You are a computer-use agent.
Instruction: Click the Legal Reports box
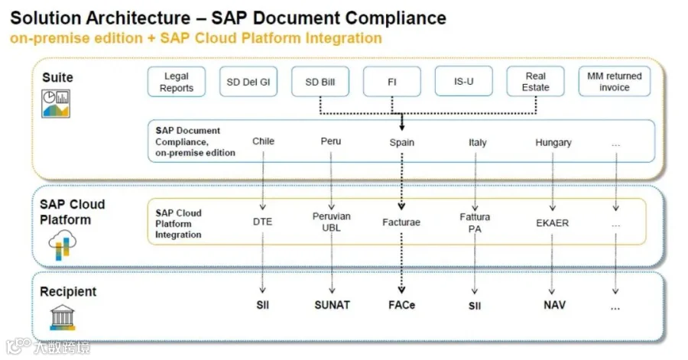(x=177, y=82)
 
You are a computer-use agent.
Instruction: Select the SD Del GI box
(x=248, y=82)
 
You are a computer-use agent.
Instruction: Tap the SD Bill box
(x=320, y=82)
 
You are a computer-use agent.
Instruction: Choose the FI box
(x=392, y=82)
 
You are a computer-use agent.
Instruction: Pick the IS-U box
(x=464, y=81)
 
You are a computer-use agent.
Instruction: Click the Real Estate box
(x=535, y=82)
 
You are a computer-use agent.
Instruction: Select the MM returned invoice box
(x=615, y=82)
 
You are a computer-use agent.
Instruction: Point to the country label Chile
(x=263, y=141)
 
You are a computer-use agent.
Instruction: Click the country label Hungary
(x=553, y=142)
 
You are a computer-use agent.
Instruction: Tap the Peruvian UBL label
(x=331, y=222)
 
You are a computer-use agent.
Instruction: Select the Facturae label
(x=401, y=222)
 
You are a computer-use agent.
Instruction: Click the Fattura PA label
(x=475, y=222)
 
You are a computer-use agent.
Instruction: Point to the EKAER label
(x=553, y=222)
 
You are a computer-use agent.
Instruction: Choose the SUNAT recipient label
(x=333, y=305)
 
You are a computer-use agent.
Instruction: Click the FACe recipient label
(x=401, y=305)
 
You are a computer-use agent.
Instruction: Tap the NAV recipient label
(x=555, y=305)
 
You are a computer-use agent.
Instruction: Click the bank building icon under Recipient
(x=63, y=317)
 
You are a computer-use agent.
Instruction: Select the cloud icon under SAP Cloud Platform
(x=63, y=245)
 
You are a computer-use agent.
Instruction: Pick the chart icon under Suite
(x=56, y=103)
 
